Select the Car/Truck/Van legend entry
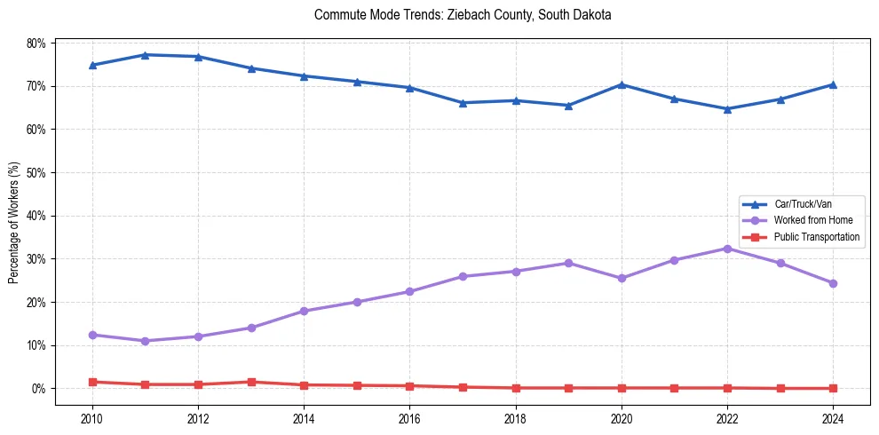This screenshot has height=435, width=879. tap(803, 204)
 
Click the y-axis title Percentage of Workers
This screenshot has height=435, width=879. tap(14, 223)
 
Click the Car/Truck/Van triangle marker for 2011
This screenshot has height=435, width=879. tap(146, 55)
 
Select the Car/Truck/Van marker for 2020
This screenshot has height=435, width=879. tap(622, 84)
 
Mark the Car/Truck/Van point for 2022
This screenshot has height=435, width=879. tap(727, 109)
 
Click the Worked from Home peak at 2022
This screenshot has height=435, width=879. tap(727, 249)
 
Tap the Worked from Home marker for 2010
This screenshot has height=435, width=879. tap(92, 335)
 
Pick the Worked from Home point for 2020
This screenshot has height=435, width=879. tap(622, 278)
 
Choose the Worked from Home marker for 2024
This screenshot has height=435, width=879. tap(833, 283)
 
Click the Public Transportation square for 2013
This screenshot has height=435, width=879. tap(251, 382)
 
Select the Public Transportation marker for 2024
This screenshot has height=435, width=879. tap(833, 388)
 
